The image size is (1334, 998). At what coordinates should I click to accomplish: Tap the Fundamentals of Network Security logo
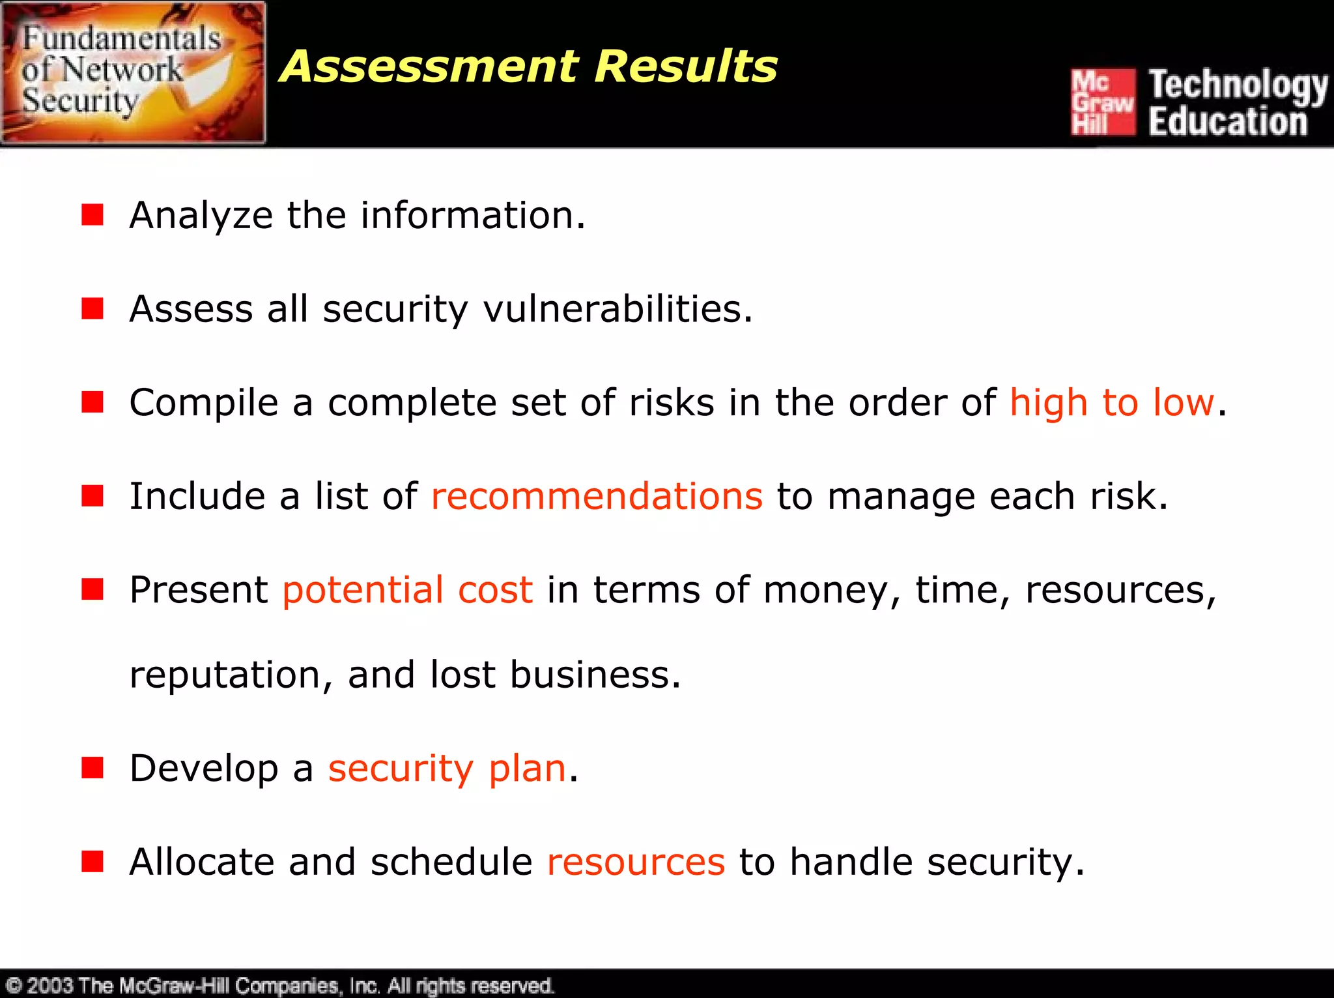[x=133, y=72]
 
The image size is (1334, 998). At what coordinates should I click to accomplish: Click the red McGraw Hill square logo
[x=1103, y=102]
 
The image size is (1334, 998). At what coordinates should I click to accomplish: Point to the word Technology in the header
[x=1238, y=85]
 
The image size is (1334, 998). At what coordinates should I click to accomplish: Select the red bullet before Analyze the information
[x=92, y=214]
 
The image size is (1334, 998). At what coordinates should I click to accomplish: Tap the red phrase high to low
[x=1112, y=402]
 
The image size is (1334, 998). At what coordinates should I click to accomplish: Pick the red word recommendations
[x=597, y=496]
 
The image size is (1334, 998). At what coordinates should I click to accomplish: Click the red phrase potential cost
[x=408, y=590]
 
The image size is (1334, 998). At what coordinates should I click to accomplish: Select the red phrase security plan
[x=447, y=768]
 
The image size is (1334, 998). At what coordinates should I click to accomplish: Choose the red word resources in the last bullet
[x=636, y=862]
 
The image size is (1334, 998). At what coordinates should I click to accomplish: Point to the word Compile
[x=204, y=402]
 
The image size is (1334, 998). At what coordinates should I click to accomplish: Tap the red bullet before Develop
[x=92, y=768]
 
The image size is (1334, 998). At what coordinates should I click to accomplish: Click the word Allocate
[x=202, y=862]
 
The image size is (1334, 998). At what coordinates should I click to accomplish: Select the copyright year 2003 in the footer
[x=50, y=985]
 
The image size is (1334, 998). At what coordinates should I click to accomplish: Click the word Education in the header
[x=1228, y=122]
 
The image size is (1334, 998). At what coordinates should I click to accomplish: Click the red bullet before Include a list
[x=92, y=496]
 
